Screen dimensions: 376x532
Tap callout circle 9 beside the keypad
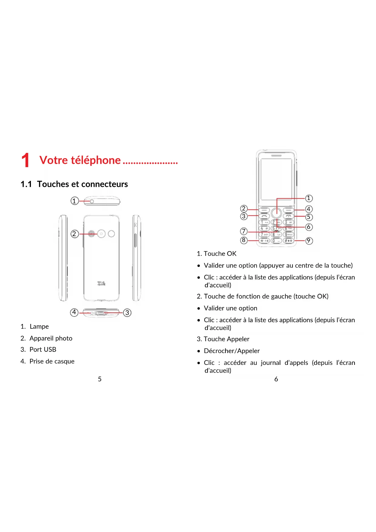(x=308, y=241)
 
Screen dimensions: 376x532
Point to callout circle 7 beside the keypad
(x=244, y=231)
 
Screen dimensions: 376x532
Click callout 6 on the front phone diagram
(x=308, y=227)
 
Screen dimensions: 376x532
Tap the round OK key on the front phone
(x=276, y=213)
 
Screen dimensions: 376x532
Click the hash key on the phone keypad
(x=288, y=241)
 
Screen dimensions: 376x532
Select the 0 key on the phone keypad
(x=276, y=241)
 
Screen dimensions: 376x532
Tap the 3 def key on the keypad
(x=288, y=222)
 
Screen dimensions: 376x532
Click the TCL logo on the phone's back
(x=101, y=284)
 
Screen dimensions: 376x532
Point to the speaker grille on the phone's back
(x=91, y=234)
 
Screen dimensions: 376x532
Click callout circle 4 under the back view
(x=74, y=312)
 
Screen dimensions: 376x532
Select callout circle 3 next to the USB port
(x=127, y=313)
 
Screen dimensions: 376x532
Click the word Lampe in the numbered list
(x=39, y=327)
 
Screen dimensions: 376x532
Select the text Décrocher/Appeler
(x=232, y=351)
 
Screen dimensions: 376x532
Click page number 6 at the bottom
(x=276, y=379)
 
